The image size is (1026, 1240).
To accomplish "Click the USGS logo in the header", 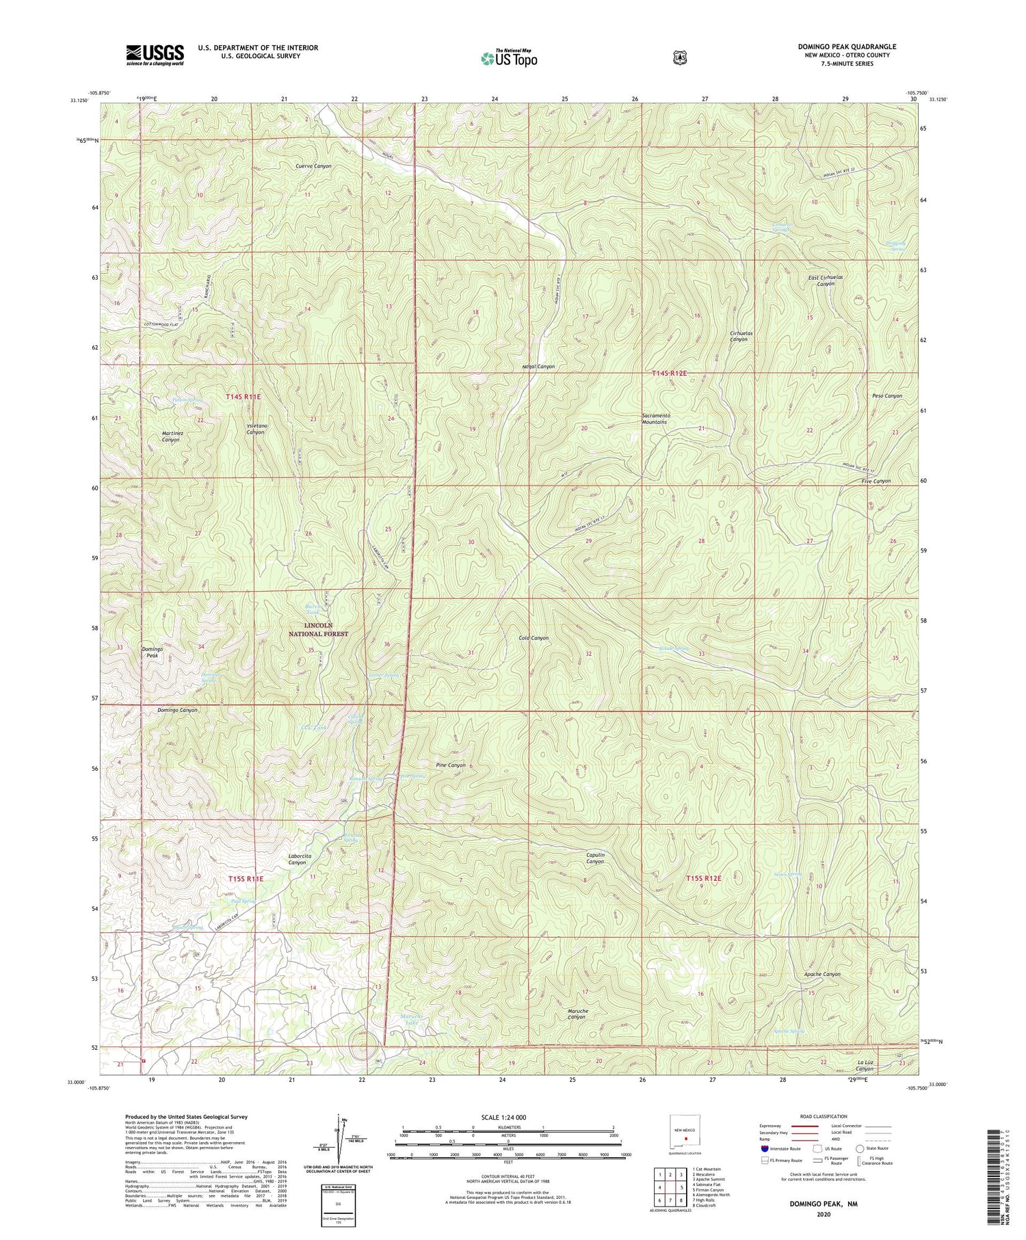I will [155, 55].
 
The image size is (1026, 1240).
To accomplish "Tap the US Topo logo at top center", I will [509, 58].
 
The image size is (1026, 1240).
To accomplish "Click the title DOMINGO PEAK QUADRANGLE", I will [847, 47].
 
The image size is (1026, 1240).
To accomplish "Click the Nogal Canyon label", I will [538, 367].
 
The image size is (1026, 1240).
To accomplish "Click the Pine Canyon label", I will [451, 765].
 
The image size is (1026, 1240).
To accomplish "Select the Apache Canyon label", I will [822, 974].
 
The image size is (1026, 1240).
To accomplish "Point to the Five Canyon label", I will [876, 481].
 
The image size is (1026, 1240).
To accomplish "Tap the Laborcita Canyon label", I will [297, 859].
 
